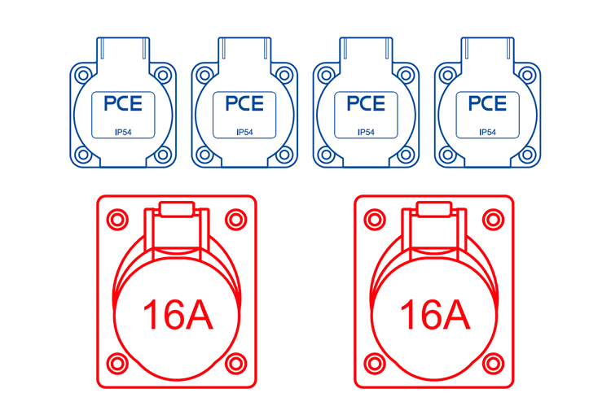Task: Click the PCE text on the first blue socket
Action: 123,103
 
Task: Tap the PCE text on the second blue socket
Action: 244,103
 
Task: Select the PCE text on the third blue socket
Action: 366,103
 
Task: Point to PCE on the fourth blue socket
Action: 487,103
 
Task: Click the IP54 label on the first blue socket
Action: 123,133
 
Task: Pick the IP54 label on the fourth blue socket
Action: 487,133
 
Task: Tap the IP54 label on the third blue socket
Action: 366,133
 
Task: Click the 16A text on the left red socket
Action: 178,315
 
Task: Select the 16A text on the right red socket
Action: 435,315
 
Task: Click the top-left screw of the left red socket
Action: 117,220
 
